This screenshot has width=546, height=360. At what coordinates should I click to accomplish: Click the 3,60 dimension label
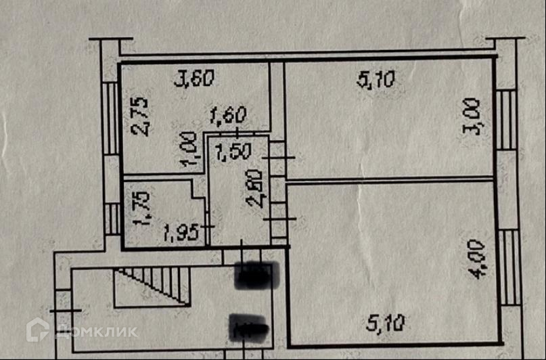(195, 80)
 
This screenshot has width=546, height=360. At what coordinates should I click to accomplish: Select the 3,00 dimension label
(473, 116)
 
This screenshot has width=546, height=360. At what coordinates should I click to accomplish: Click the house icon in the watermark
(37, 330)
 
